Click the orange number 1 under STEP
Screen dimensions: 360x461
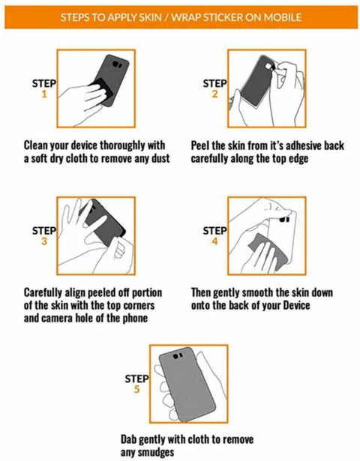tap(44, 94)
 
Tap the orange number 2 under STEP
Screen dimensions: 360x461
tap(215, 94)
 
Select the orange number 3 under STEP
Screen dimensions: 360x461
tap(44, 241)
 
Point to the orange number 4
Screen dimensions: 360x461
tap(215, 241)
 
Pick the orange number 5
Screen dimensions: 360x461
tap(136, 389)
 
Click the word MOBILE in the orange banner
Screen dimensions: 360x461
tap(282, 17)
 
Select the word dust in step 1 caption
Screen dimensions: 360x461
tap(160, 158)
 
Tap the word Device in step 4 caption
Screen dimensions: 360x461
tap(296, 305)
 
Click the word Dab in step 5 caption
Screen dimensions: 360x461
tap(128, 439)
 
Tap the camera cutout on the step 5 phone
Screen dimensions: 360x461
tap(178, 356)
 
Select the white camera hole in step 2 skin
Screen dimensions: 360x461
tap(268, 67)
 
